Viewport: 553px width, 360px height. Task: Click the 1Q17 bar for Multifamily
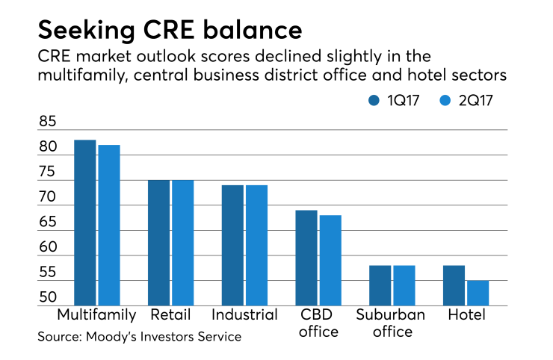click(x=84, y=222)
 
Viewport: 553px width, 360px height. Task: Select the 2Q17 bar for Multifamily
click(x=108, y=224)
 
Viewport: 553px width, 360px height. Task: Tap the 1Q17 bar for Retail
click(x=158, y=242)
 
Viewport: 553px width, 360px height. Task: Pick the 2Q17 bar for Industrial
click(x=256, y=244)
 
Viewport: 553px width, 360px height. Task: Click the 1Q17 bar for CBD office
click(x=306, y=257)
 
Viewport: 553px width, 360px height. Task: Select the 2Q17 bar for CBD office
click(x=330, y=259)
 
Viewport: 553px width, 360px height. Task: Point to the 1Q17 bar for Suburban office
click(x=380, y=285)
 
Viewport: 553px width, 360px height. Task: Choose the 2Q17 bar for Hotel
click(x=477, y=292)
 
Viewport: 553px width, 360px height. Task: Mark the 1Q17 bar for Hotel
click(x=453, y=285)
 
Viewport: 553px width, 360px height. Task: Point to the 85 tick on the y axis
click(x=49, y=122)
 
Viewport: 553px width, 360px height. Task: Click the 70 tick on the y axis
click(x=49, y=197)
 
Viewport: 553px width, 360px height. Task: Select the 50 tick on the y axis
click(x=49, y=298)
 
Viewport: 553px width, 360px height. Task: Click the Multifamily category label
click(x=96, y=314)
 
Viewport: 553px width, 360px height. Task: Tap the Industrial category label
click(x=244, y=314)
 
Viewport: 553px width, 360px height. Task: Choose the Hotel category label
click(x=466, y=314)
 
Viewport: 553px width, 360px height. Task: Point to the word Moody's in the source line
click(x=121, y=337)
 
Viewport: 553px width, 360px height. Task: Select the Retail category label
click(x=170, y=314)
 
